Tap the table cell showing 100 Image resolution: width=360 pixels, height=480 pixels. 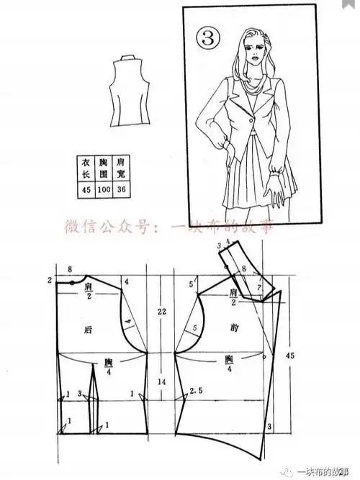pos(104,191)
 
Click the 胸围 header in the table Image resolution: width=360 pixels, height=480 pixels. pos(104,168)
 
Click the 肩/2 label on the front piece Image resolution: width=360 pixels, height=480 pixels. pos(233,294)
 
